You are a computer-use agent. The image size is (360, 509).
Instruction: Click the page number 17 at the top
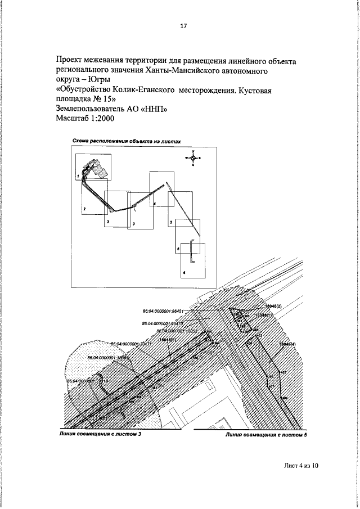[183, 26]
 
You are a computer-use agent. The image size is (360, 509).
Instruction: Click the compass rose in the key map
[192, 158]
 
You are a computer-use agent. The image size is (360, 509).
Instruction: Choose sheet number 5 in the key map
[170, 223]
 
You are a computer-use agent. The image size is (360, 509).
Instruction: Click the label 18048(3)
[168, 340]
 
